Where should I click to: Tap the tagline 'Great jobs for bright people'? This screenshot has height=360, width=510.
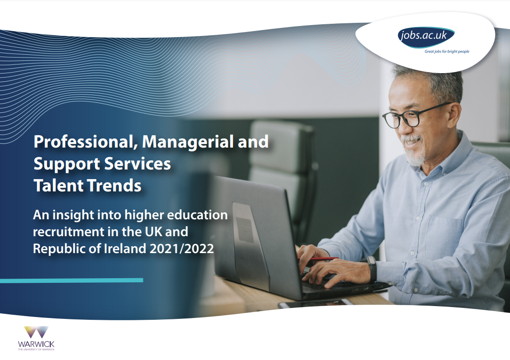[447, 52]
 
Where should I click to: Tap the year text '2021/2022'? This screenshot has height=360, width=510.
[182, 249]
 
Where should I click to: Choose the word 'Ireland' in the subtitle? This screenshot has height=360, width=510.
[125, 249]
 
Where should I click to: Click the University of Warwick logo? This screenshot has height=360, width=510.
[36, 338]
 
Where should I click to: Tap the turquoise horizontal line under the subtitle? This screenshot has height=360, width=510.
[72, 280]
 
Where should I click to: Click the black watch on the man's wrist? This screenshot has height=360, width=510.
[372, 269]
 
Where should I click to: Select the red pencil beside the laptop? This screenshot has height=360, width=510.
[318, 259]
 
